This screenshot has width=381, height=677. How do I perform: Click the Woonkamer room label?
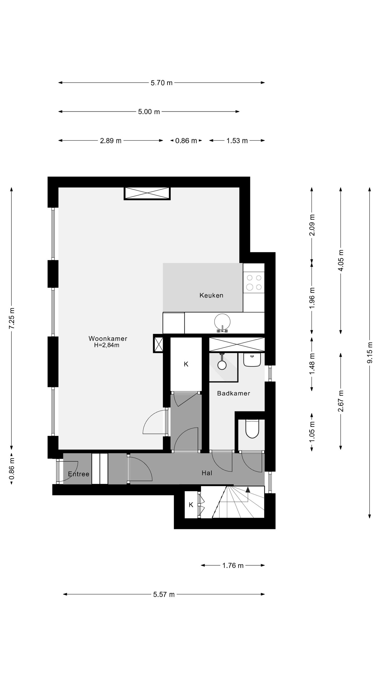(108, 338)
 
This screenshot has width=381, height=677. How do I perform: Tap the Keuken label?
(211, 295)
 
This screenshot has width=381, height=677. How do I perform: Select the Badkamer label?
(233, 393)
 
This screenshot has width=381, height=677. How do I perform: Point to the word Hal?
(207, 473)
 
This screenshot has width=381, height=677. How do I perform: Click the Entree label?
(79, 474)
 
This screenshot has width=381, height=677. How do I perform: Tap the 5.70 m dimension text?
(161, 83)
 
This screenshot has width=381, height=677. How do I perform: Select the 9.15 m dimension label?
(370, 353)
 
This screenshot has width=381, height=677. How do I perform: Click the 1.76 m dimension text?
(233, 566)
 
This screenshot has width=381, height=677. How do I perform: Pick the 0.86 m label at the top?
(186, 141)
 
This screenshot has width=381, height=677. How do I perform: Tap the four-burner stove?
(254, 282)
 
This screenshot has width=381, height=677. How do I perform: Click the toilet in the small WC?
(252, 429)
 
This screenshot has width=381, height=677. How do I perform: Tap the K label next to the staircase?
(191, 505)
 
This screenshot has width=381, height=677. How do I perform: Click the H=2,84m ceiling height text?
(107, 345)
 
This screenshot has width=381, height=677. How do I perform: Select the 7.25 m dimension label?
(12, 318)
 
